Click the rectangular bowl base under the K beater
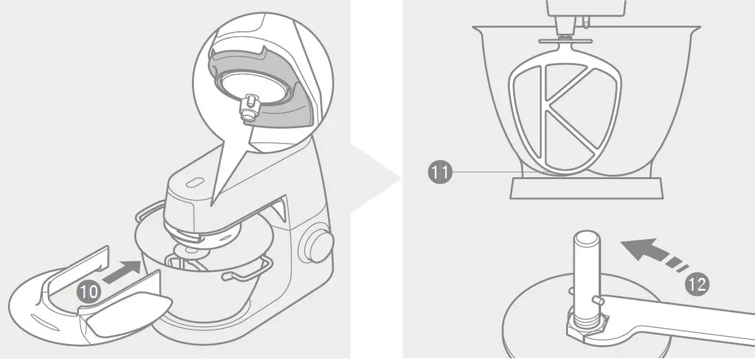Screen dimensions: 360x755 click(x=587, y=188)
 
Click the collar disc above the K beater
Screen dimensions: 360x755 click(x=565, y=40)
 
